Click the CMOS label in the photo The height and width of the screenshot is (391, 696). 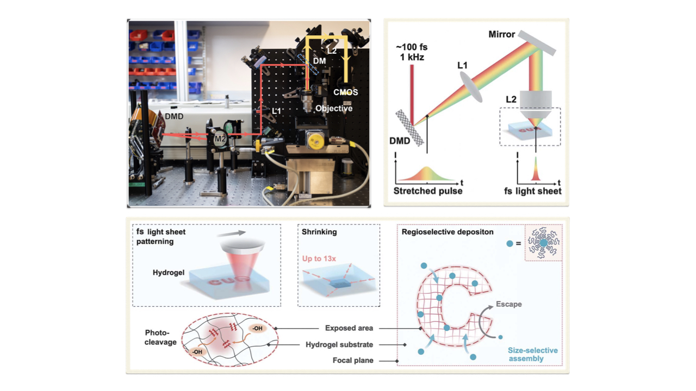tap(346, 92)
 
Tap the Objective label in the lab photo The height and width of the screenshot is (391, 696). tap(334, 109)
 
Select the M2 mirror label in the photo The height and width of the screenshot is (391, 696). tap(220, 138)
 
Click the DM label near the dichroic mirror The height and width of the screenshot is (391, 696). tap(320, 61)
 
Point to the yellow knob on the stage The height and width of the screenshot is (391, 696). tap(315, 141)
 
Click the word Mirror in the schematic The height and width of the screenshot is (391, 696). tap(501, 34)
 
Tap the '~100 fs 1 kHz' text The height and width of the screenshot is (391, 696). tap(412, 52)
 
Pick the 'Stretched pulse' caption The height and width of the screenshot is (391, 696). tap(428, 191)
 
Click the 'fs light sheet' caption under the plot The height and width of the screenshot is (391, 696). tap(532, 191)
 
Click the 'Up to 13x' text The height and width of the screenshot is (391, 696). tap(319, 258)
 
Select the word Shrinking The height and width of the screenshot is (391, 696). tap(319, 232)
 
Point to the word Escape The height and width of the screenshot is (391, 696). tap(508, 304)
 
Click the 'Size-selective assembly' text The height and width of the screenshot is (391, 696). tap(533, 354)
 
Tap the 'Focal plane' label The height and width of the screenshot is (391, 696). tap(353, 361)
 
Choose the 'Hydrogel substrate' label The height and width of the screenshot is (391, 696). tap(339, 344)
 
